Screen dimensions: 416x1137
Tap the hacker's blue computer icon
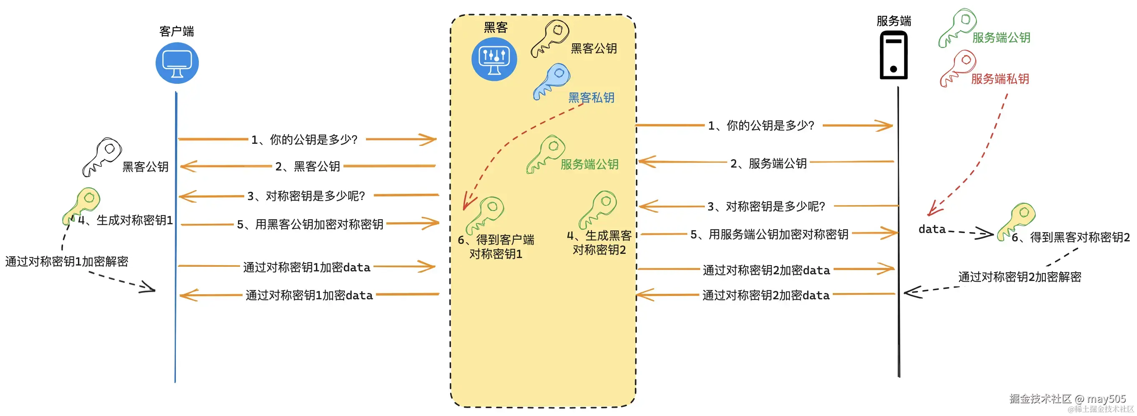coord(494,59)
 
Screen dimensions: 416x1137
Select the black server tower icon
coord(893,55)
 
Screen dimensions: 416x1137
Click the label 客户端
coord(177,31)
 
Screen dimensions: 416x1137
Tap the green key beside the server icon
coord(957,28)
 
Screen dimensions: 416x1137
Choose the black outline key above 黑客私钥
coord(549,38)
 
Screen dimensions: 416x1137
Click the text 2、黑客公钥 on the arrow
coord(308,166)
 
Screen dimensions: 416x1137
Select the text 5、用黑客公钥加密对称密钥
coord(310,224)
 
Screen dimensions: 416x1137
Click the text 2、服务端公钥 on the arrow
coord(769,163)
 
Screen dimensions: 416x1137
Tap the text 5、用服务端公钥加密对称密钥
coord(769,234)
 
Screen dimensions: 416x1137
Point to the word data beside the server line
coord(932,229)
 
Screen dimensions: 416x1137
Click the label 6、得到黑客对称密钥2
coord(1070,237)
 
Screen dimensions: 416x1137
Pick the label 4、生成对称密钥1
coord(125,220)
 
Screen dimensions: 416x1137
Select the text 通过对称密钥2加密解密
coord(1019,277)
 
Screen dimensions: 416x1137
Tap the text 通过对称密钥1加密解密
coord(67,261)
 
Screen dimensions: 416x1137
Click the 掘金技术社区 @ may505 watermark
coord(1067,398)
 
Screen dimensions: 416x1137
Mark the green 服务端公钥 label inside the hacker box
coord(589,164)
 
